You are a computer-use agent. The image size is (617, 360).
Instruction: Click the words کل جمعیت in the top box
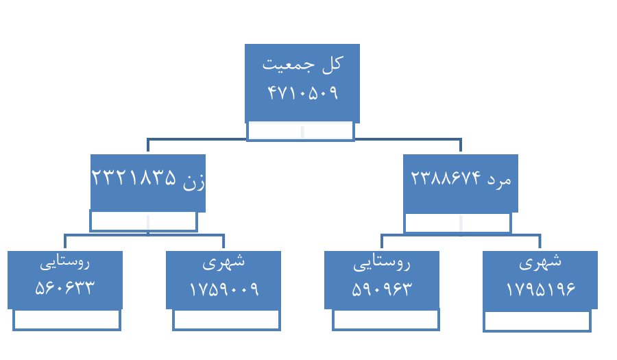(302, 64)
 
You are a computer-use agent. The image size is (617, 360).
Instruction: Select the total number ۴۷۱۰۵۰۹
(302, 93)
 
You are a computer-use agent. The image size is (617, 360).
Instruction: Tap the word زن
(194, 179)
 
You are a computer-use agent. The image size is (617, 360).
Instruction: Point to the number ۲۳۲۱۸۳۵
(134, 178)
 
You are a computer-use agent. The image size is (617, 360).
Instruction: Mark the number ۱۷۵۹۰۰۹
(223, 289)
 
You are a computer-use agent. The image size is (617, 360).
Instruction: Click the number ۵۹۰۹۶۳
(381, 289)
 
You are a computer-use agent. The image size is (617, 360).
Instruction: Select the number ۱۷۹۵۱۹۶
(540, 289)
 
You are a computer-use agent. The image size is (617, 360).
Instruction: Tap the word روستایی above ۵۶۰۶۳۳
(64, 261)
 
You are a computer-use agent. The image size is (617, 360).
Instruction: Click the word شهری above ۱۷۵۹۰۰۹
(223, 261)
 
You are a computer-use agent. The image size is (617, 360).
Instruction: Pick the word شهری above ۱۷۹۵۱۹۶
(540, 261)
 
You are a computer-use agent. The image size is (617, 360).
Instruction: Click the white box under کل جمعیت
(300, 130)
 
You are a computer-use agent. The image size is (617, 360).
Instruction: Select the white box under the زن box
(144, 221)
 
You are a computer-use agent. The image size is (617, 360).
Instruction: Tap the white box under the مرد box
(457, 223)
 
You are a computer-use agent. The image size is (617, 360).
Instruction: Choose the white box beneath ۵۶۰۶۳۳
(66, 320)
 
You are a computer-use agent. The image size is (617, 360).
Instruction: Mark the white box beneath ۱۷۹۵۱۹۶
(537, 320)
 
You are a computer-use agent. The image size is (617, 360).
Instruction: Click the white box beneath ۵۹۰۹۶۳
(385, 320)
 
